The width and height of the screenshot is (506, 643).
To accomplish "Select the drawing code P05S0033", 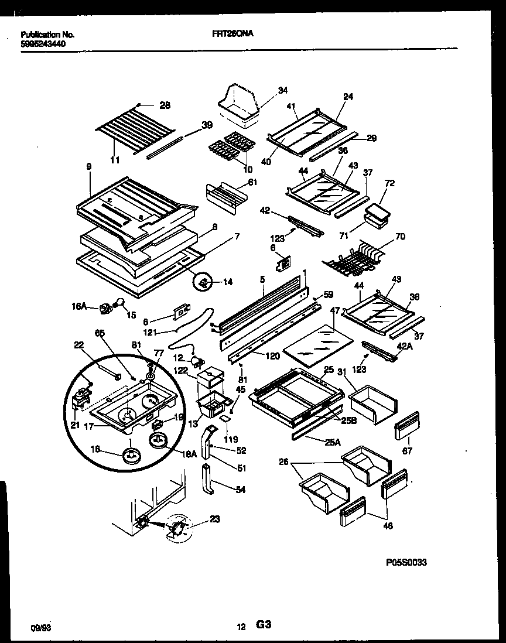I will pos(406,562).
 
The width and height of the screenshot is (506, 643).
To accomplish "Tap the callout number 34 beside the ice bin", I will pos(283,90).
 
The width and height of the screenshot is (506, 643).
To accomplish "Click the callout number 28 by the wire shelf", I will pos(165,105).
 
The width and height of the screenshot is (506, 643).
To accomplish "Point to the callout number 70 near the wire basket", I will pos(400,237).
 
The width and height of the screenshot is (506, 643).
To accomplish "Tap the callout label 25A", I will pos(332,442).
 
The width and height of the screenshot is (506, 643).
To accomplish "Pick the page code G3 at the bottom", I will pos(263,625).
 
